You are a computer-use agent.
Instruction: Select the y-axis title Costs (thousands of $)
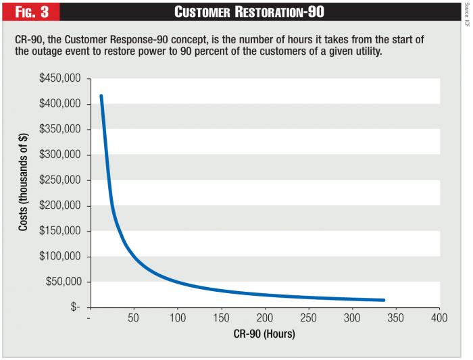[23, 193]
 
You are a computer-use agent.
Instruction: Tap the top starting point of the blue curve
[101, 95]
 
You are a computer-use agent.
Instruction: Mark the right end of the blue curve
[384, 300]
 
